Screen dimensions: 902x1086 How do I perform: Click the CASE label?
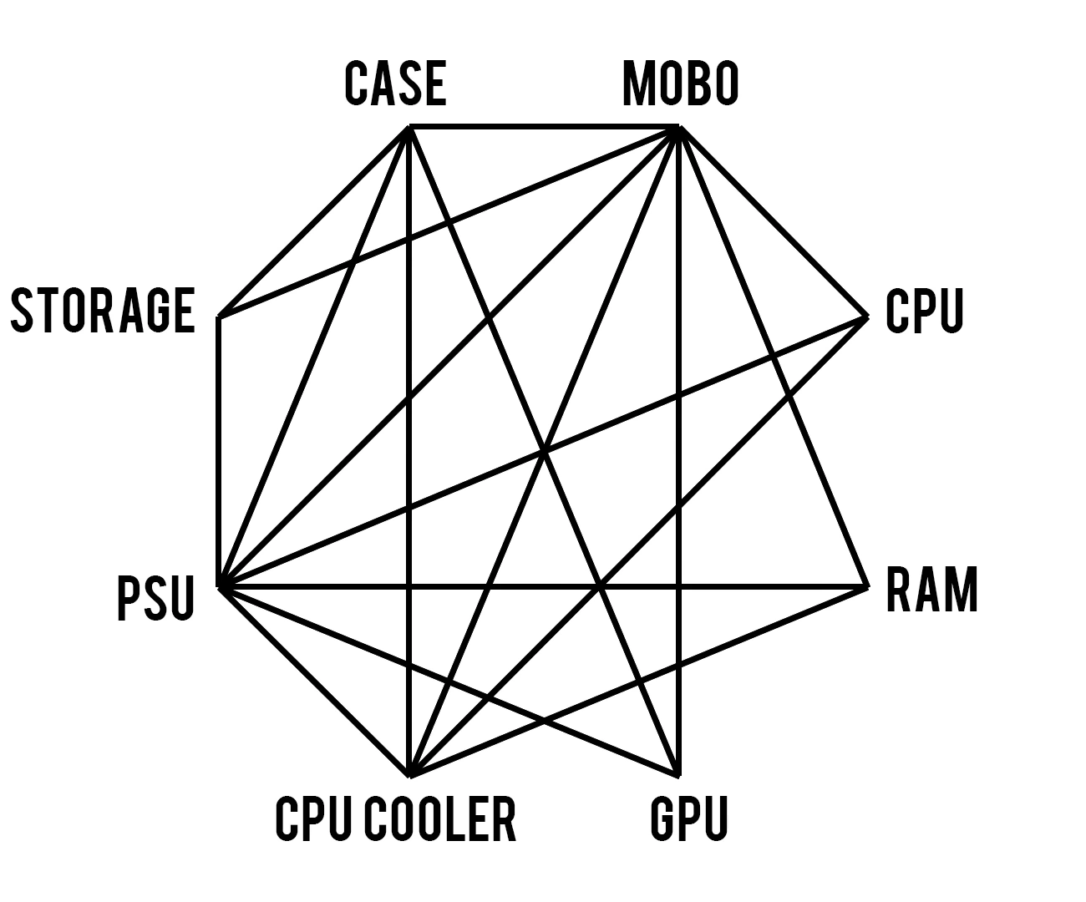click(395, 84)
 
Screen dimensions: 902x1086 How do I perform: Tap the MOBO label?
click(680, 84)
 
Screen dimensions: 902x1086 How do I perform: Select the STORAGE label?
click(103, 310)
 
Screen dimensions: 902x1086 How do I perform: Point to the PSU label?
click(156, 598)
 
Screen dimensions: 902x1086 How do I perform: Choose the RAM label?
click(931, 590)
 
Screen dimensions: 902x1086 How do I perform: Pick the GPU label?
click(689, 818)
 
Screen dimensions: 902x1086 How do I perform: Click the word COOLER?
click(440, 818)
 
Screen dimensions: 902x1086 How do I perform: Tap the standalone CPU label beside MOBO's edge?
click(924, 310)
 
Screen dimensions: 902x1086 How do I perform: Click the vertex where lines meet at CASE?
click(409, 127)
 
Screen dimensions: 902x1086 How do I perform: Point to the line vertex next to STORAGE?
click(219, 317)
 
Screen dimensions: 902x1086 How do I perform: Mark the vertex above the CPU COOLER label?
click(409, 774)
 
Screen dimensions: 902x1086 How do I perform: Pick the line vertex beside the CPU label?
click(867, 317)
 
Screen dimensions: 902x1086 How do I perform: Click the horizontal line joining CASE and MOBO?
click(543, 127)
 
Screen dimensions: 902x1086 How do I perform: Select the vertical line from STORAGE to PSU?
click(219, 451)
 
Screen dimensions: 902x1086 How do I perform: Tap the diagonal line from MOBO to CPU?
click(774, 221)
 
